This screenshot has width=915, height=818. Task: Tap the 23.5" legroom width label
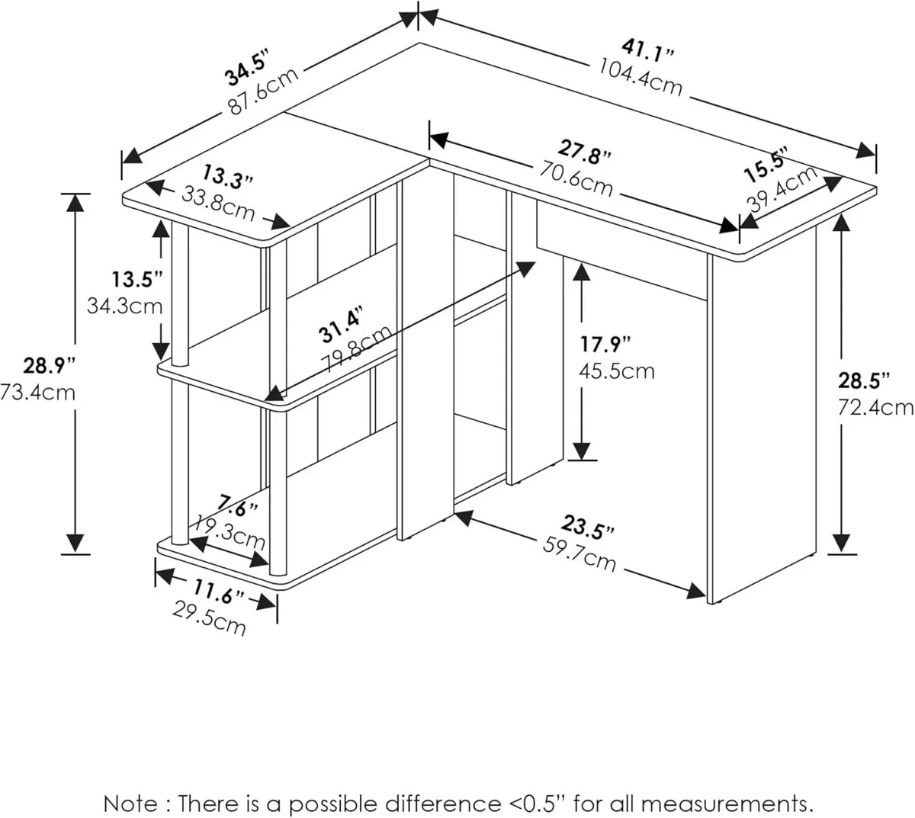point(588,527)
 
